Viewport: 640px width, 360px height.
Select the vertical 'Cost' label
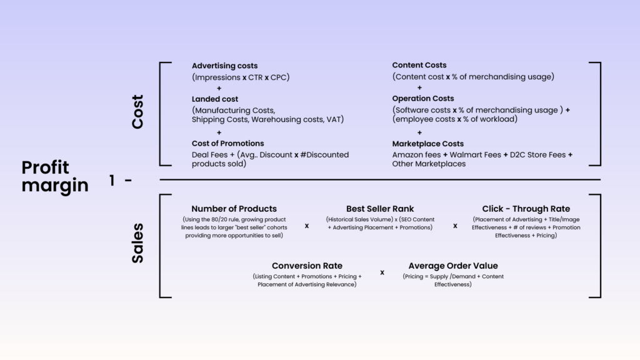[137, 112]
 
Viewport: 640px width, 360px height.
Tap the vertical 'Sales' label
[137, 243]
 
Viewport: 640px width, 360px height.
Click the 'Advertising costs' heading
[224, 66]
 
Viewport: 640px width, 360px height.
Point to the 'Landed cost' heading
[215, 99]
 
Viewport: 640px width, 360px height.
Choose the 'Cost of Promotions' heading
[227, 143]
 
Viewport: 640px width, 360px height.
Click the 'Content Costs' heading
[419, 65]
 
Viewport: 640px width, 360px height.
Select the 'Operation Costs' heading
[423, 98]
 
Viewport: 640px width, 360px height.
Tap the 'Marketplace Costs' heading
[427, 144]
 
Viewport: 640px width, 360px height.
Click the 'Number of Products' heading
[234, 209]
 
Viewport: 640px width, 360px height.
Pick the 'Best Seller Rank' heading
[380, 209]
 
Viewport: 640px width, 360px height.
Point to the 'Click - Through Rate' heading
[526, 209]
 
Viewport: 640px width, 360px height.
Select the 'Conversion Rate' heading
[307, 266]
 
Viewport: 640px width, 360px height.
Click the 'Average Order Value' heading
[453, 266]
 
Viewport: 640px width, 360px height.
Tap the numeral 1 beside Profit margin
[112, 180]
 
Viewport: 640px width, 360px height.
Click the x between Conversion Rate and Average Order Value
[382, 272]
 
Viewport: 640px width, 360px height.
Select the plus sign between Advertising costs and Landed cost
[219, 88]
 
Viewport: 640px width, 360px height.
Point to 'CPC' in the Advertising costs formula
[278, 77]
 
